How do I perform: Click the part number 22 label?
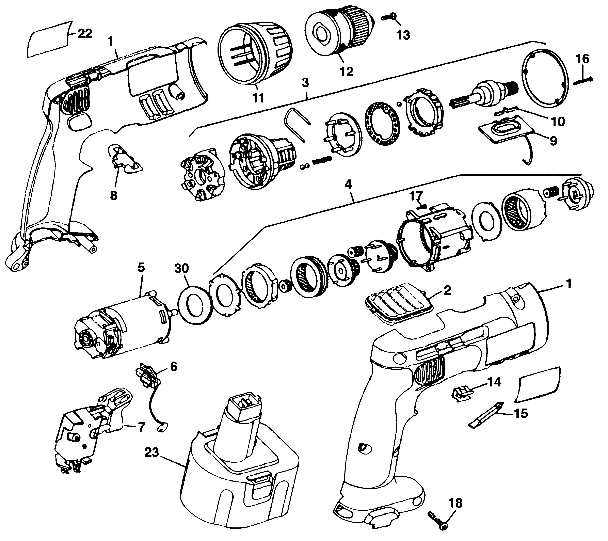click(85, 34)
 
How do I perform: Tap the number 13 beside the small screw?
click(403, 35)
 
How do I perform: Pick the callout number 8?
click(114, 196)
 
